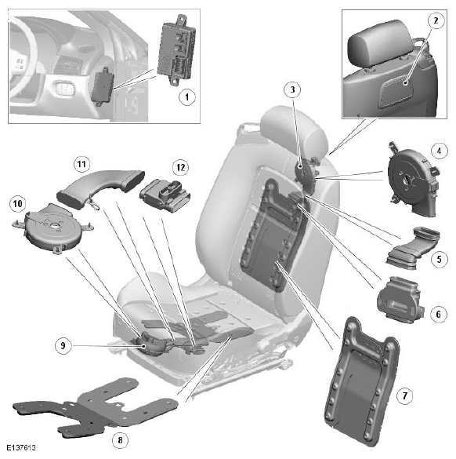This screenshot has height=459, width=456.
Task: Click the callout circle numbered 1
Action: click(187, 97)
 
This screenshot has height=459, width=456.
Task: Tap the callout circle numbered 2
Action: click(436, 20)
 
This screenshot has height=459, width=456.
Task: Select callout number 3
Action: click(292, 89)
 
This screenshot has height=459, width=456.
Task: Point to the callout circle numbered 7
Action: click(405, 396)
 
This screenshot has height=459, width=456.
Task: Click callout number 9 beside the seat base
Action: click(63, 346)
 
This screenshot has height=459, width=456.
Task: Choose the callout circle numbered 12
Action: click(181, 167)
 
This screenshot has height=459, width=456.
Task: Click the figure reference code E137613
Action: click(21, 447)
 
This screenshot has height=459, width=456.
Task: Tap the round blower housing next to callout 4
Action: click(413, 179)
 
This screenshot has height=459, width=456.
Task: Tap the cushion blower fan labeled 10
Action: click(52, 228)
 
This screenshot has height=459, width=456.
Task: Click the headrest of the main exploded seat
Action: click(294, 128)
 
